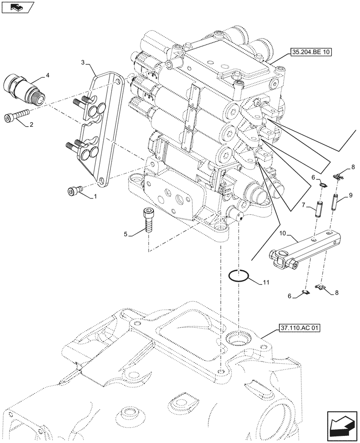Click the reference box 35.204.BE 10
pyautogui.click(x=312, y=52)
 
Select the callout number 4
pyautogui.click(x=48, y=76)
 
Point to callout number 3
pyautogui.click(x=83, y=63)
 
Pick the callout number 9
pyautogui.click(x=350, y=195)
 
